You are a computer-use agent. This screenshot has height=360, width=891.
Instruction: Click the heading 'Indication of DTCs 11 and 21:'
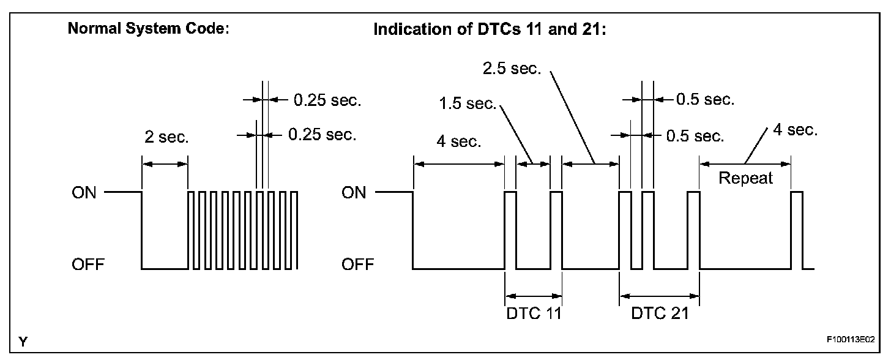[x=490, y=30]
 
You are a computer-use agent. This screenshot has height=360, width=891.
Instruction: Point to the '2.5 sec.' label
[x=512, y=69]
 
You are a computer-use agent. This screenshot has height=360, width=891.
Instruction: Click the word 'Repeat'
[x=745, y=179]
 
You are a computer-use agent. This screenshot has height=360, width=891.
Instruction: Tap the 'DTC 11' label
[x=533, y=313]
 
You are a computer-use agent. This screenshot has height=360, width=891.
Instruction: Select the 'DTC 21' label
[x=660, y=313]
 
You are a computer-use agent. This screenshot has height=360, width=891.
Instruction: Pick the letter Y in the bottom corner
[x=23, y=341]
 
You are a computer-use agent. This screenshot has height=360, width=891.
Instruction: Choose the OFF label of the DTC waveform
[x=356, y=266]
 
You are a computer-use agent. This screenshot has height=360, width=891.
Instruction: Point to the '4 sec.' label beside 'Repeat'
[x=795, y=130]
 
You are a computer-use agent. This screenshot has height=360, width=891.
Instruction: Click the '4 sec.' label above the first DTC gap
[x=458, y=143]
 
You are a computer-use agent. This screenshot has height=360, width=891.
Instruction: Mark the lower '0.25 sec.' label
[x=322, y=134]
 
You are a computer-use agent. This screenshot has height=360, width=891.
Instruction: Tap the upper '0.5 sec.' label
[x=705, y=100]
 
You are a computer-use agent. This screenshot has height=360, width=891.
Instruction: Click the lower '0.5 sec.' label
[x=695, y=135]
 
